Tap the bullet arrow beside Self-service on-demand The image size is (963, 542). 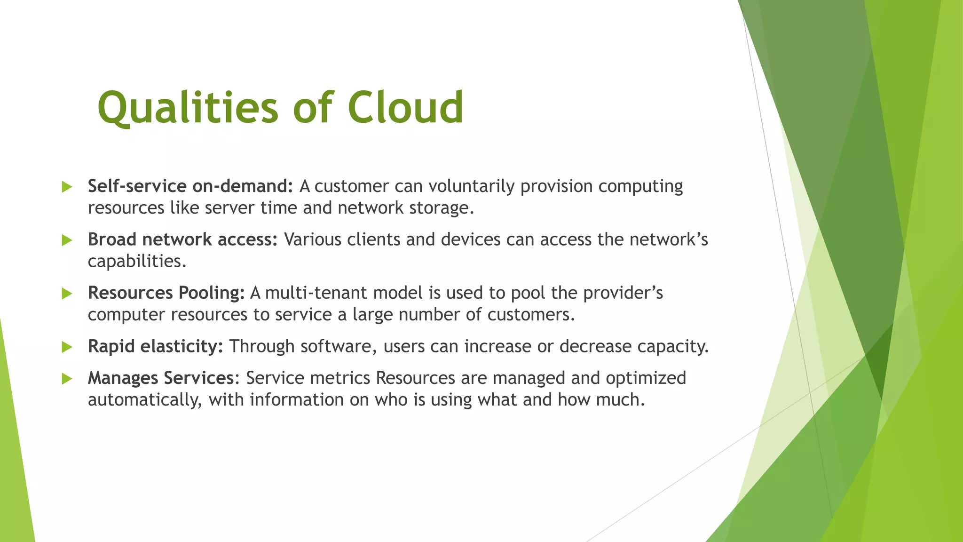click(x=67, y=187)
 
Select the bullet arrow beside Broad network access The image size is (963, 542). click(x=67, y=240)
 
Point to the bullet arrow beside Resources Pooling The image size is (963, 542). click(x=67, y=294)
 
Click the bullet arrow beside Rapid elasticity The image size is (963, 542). click(x=67, y=347)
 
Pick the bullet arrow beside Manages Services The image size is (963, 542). click(x=67, y=379)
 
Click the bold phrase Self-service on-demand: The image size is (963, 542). click(x=190, y=186)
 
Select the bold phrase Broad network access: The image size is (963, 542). click(x=183, y=239)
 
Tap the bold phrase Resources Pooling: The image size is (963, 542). click(x=166, y=293)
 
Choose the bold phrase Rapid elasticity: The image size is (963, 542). click(x=155, y=346)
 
